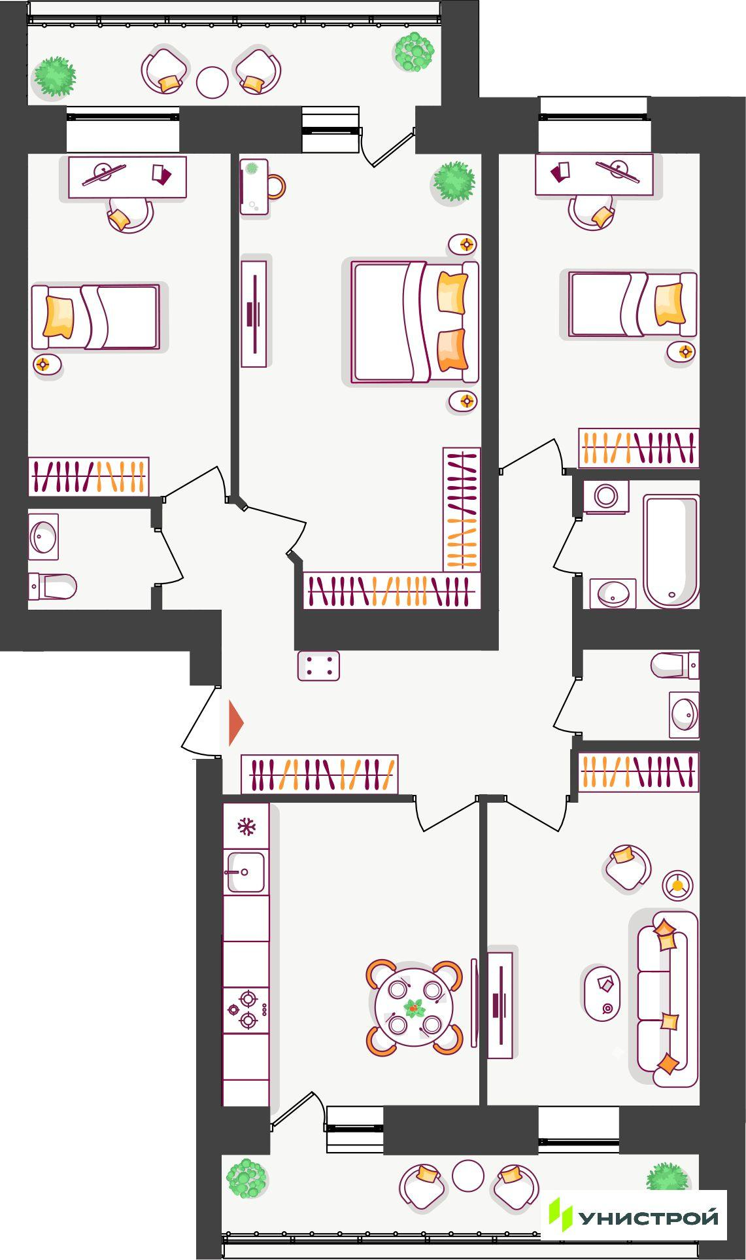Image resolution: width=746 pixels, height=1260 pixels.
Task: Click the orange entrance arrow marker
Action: (x=235, y=723)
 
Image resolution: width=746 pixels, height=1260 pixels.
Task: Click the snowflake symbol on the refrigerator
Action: (x=246, y=827)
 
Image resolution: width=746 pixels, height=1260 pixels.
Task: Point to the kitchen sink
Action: (x=246, y=872)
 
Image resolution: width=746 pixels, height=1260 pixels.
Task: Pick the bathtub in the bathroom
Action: (x=671, y=551)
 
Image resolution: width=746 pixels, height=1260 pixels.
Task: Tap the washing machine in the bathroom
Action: (x=606, y=497)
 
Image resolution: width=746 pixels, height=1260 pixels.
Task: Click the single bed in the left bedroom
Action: (x=95, y=317)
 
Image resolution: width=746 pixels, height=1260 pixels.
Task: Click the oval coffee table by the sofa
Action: (x=602, y=992)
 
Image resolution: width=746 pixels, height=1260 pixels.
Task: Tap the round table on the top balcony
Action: (x=212, y=83)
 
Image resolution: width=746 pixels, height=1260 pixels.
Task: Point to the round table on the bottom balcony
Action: (x=468, y=1176)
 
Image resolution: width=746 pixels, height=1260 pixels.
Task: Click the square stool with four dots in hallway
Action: (x=318, y=666)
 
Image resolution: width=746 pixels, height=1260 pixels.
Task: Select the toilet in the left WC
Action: (x=52, y=587)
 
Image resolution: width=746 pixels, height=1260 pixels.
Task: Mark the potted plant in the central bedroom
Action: (x=454, y=181)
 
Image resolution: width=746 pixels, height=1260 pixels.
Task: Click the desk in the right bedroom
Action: (x=594, y=175)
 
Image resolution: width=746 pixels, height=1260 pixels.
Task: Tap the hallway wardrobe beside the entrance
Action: (x=320, y=775)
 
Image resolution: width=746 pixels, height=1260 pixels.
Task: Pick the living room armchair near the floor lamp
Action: (x=627, y=867)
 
